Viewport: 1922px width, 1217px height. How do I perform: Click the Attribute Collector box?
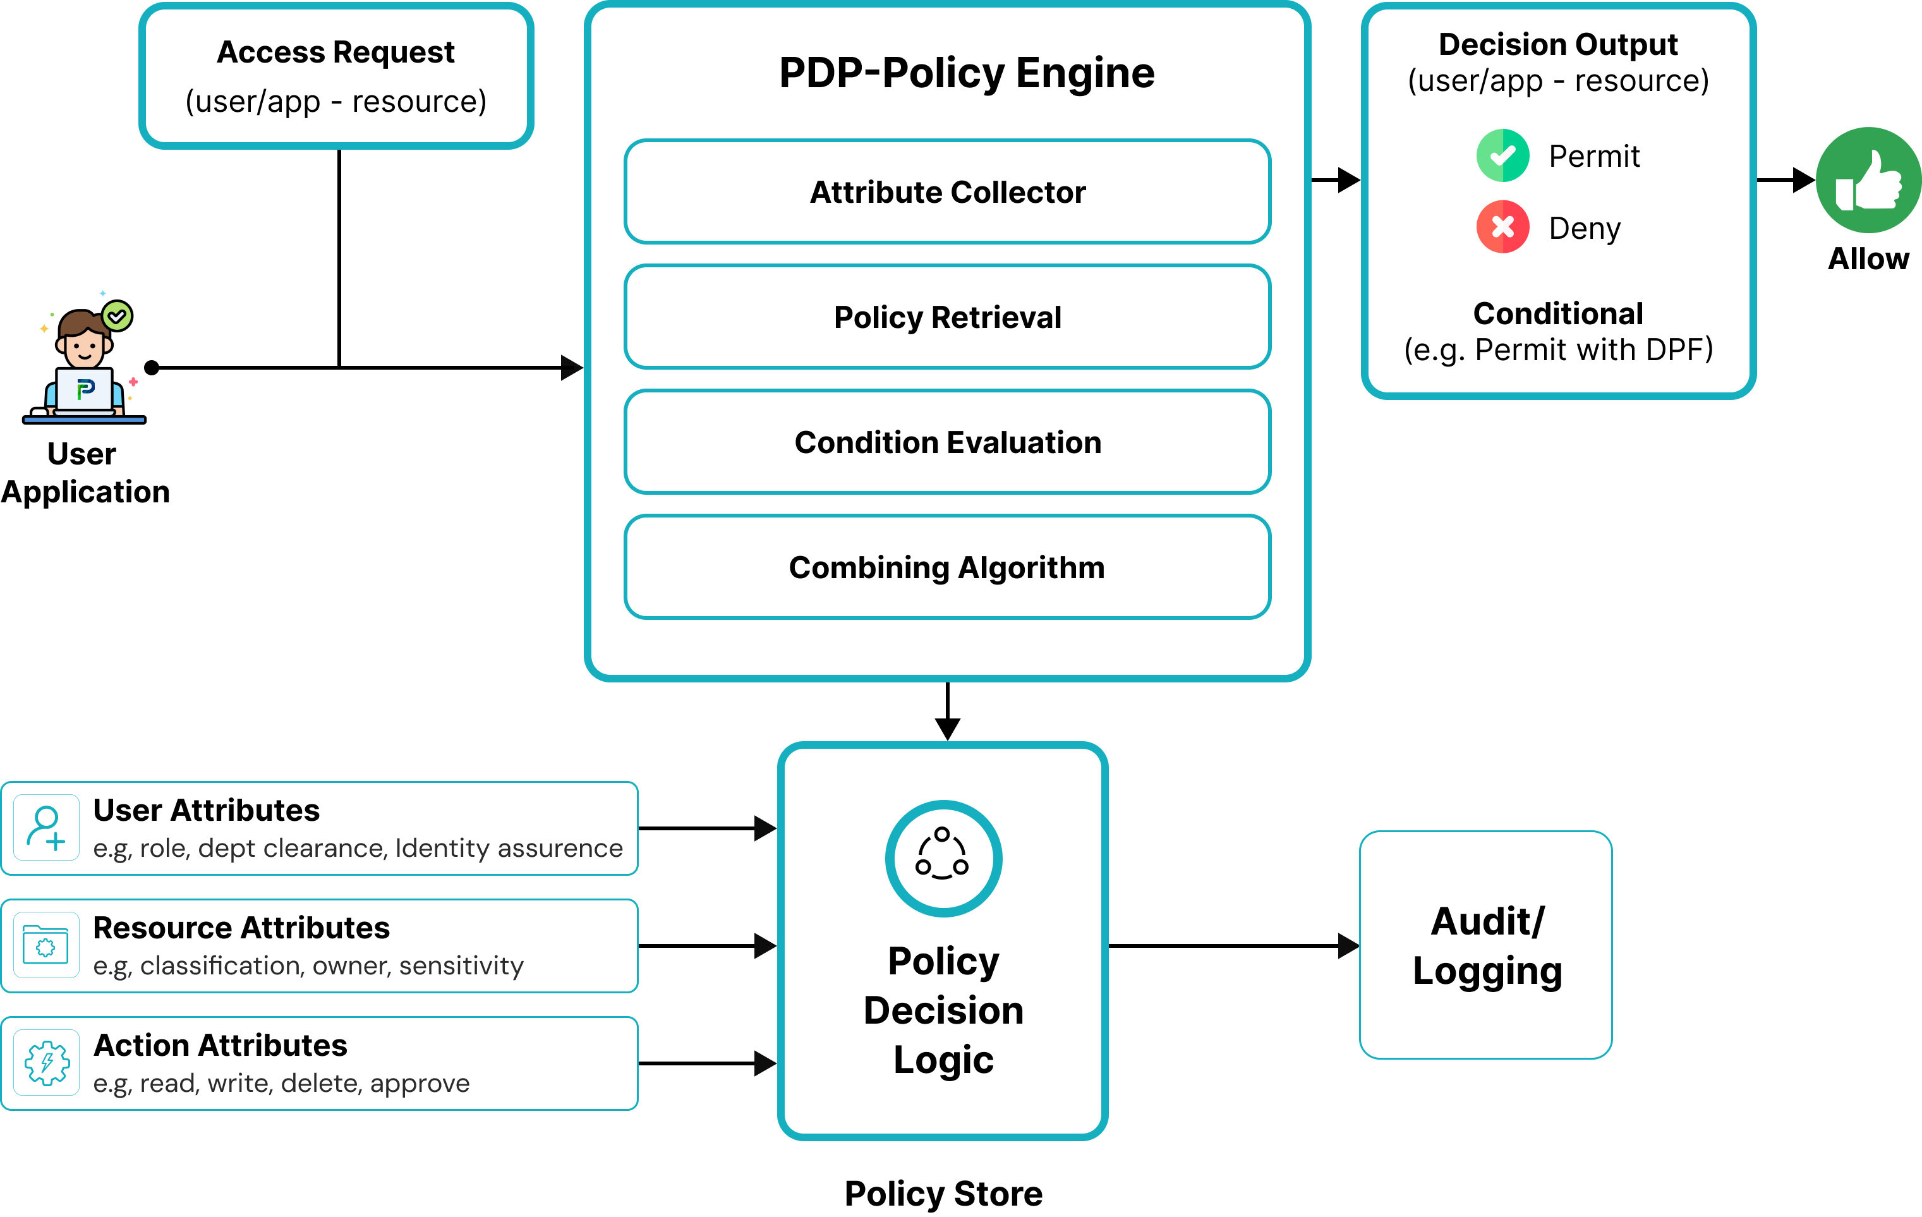948,192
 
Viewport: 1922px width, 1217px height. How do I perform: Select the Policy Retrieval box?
948,317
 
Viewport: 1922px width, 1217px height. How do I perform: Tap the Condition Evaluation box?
948,442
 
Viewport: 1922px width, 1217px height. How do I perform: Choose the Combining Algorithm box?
948,567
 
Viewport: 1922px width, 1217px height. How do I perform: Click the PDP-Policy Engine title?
967,73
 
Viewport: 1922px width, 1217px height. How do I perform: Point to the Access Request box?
336,76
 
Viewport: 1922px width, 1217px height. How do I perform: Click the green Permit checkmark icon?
1502,155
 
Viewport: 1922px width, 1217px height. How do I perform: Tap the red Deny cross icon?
1502,227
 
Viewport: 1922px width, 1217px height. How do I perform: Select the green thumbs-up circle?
1868,180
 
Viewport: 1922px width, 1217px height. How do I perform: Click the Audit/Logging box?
1486,946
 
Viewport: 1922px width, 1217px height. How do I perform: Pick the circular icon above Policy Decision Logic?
943,859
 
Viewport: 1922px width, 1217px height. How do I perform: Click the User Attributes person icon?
46,828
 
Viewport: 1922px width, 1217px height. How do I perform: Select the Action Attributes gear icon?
46,1063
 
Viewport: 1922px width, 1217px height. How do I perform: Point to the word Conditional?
1557,313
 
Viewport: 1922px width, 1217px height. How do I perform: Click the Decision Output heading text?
1557,45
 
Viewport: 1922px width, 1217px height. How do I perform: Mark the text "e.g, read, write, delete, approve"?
281,1083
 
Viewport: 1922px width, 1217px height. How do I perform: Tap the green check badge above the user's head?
118,316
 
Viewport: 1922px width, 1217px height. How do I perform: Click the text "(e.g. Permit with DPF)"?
1558,349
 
